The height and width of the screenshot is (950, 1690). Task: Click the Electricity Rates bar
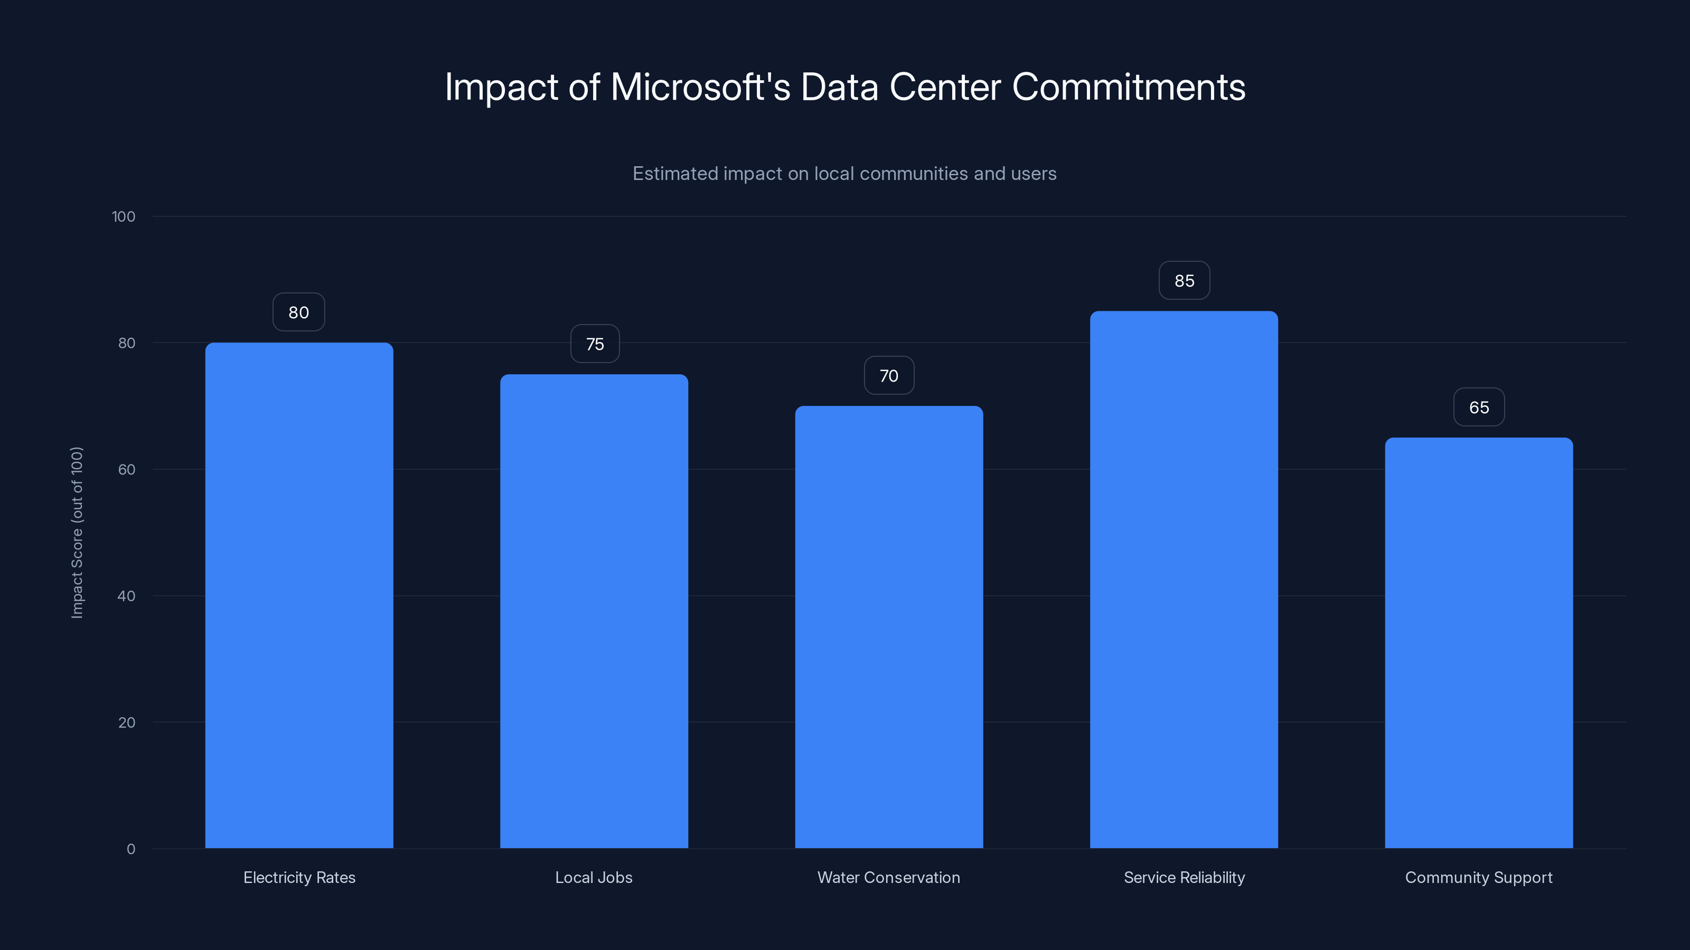point(299,595)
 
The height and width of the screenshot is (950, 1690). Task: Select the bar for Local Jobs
point(594,611)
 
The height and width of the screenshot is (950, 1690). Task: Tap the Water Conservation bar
point(889,627)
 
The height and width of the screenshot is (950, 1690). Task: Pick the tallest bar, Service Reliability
point(1184,579)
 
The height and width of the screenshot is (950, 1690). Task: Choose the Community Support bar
point(1479,642)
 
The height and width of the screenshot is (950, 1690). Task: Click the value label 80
point(298,312)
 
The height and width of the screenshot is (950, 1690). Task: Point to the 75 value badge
point(594,344)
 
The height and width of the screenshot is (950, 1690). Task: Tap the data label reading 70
point(889,375)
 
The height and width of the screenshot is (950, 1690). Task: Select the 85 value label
point(1184,281)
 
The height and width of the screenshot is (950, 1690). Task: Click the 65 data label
point(1479,407)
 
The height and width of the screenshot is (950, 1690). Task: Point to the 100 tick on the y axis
point(124,216)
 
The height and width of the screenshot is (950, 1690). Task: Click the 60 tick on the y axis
point(127,469)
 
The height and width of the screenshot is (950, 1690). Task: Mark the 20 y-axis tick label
point(127,723)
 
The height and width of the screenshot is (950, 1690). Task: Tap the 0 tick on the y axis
point(130,849)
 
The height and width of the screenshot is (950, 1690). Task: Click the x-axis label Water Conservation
point(888,877)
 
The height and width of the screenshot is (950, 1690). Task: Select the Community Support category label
point(1478,877)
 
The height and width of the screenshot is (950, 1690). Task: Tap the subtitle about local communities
point(844,173)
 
